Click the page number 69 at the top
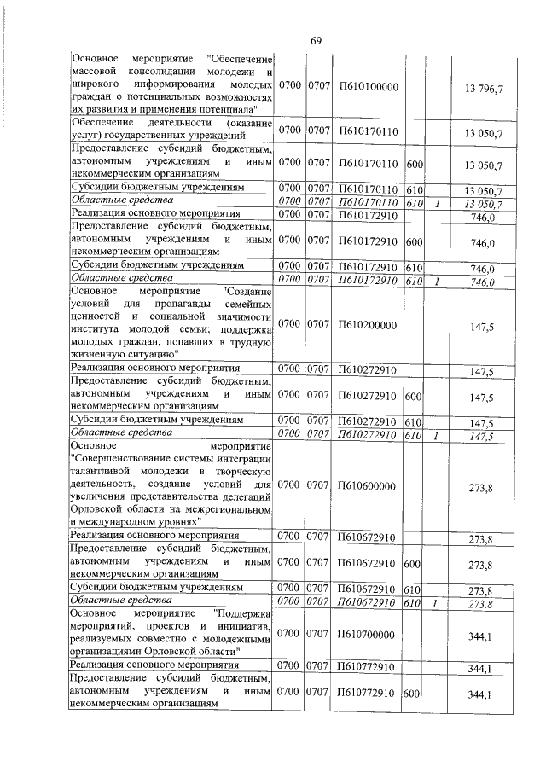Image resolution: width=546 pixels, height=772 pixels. (x=316, y=41)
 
